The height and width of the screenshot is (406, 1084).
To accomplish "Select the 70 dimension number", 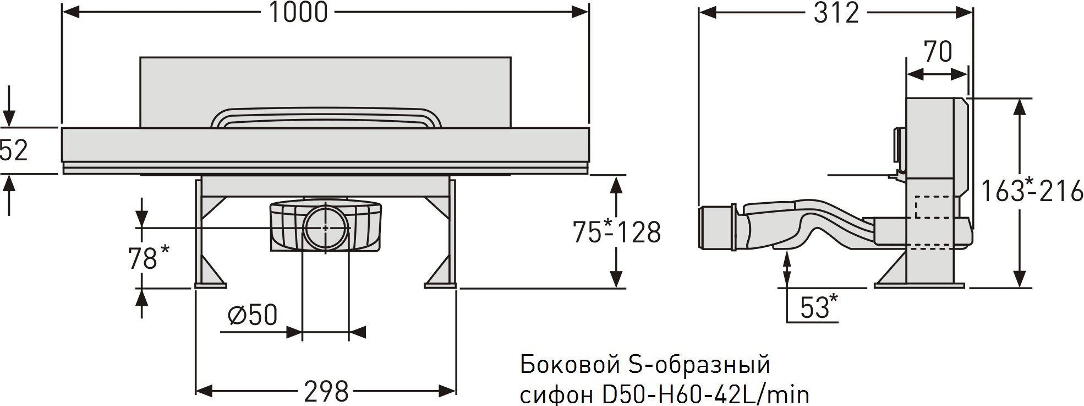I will point(938,52).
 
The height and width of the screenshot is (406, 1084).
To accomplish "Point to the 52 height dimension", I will point(14,150).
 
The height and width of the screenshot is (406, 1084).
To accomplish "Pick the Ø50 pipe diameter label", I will point(253,316).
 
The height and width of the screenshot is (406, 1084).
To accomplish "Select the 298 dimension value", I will point(326,392).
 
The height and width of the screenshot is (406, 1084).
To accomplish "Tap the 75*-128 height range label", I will point(616,232).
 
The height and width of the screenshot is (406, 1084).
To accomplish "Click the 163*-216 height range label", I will point(1032,192).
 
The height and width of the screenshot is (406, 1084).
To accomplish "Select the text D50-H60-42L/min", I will point(702,394).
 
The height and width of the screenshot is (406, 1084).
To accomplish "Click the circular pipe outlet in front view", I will point(326,227).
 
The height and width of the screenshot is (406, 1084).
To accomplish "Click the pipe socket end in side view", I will point(717,228).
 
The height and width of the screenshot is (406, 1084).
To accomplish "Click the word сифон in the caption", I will point(554,394).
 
